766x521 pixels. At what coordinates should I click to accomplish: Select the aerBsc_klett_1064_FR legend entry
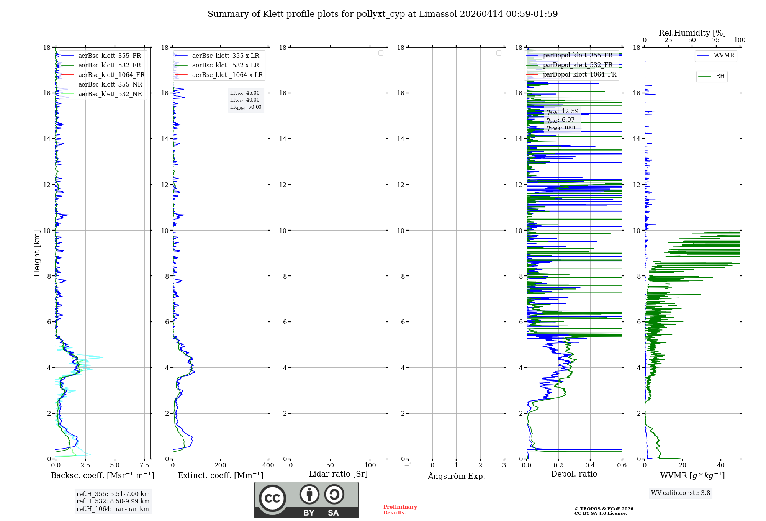[111, 75]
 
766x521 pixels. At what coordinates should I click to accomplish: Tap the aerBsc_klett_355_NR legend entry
[110, 85]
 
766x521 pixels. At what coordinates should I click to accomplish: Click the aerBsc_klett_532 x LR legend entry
[225, 66]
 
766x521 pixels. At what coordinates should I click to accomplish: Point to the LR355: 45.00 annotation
[245, 93]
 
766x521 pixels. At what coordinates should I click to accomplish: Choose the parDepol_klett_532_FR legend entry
[578, 65]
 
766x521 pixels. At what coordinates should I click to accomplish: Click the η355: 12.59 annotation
[562, 111]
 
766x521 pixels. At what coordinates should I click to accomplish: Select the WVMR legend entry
[723, 56]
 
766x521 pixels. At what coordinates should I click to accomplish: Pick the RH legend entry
[720, 76]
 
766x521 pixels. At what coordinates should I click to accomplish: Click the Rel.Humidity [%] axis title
[692, 33]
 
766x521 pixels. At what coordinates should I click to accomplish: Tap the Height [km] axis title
[37, 253]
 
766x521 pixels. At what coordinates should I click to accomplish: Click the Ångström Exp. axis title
[457, 476]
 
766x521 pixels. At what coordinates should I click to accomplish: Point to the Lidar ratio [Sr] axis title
[338, 474]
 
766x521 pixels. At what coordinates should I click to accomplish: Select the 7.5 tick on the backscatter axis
[144, 465]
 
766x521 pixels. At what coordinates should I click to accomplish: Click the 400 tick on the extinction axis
[268, 465]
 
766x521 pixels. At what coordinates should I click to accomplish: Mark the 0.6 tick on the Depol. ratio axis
[622, 465]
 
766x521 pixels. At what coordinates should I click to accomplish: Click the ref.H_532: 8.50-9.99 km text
[113, 501]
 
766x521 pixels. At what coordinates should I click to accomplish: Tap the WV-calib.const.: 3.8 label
[681, 493]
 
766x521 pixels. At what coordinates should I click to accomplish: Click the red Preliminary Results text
[400, 510]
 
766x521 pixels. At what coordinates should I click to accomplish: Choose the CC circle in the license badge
[272, 498]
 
